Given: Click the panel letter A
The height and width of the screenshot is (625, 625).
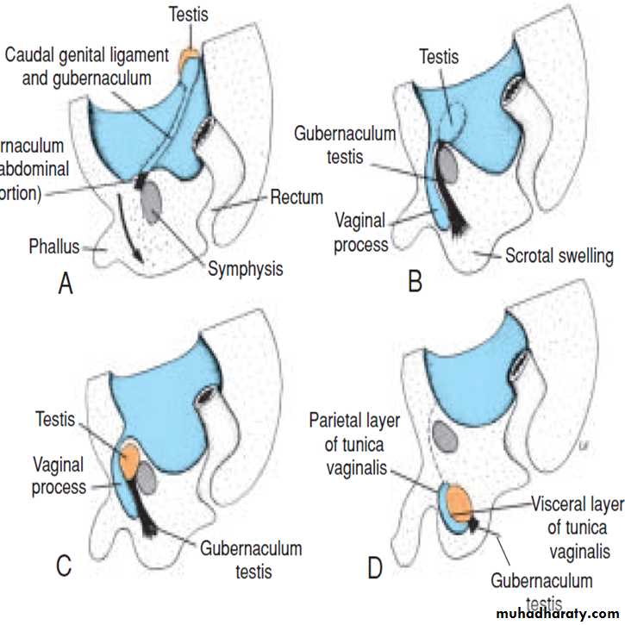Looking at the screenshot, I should click(65, 283).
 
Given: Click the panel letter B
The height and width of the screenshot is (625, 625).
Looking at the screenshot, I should click(415, 281).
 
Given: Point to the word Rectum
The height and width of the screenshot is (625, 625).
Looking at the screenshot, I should click(296, 198).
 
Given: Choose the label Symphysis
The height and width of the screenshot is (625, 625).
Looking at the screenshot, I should click(245, 269).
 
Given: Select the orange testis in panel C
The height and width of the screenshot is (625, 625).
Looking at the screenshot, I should click(130, 459).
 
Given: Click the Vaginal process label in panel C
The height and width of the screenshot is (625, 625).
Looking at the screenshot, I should click(58, 476).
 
